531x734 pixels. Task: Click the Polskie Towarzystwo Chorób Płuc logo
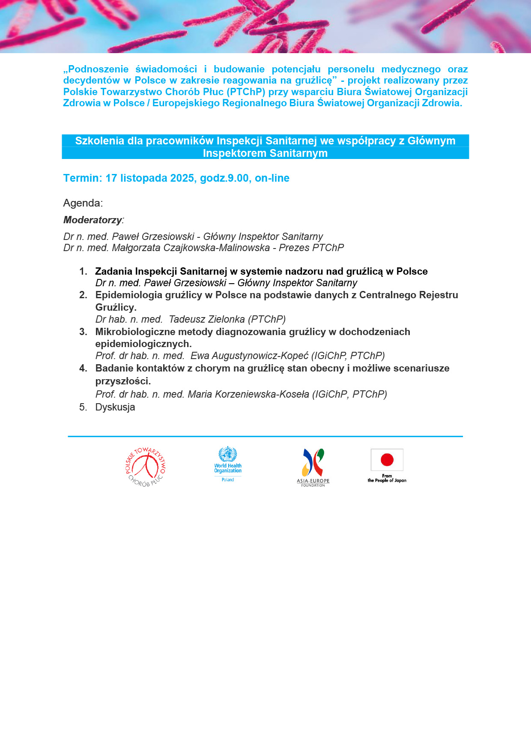[x=146, y=467]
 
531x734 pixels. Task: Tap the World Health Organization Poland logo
[x=228, y=464]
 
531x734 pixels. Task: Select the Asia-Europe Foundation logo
[x=313, y=467]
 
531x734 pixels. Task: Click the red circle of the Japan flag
[x=387, y=460]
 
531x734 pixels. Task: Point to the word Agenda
[x=83, y=203]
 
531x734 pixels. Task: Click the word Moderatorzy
[x=92, y=220]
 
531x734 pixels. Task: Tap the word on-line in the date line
[x=272, y=178]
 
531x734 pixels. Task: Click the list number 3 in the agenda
[x=83, y=332]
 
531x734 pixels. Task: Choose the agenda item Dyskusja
[x=115, y=407]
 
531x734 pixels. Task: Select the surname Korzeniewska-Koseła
[x=248, y=395]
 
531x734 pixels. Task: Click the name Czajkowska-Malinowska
[x=191, y=248]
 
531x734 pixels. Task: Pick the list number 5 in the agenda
[x=83, y=407]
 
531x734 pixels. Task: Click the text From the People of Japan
[x=387, y=479]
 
